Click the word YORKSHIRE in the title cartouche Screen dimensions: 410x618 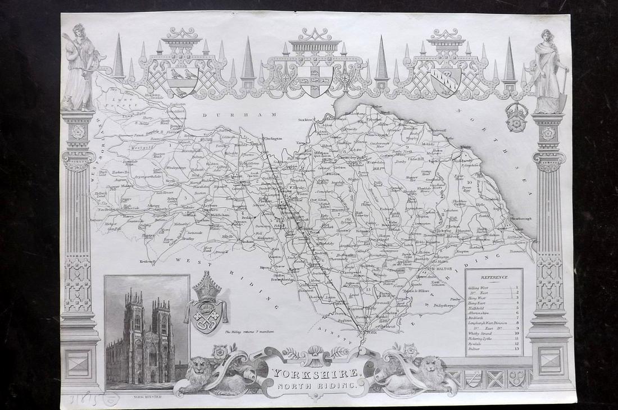[315, 372]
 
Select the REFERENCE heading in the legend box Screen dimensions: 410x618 [494, 277]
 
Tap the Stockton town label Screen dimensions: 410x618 [305, 119]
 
